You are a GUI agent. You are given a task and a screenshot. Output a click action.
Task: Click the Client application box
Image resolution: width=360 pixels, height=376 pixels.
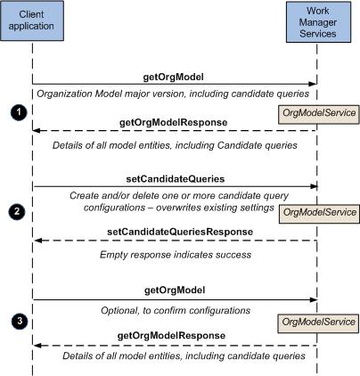(32, 20)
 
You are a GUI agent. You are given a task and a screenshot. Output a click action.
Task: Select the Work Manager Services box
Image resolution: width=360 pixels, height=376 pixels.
(318, 22)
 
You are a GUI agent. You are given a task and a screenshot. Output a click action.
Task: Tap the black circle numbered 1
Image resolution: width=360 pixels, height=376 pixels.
(19, 112)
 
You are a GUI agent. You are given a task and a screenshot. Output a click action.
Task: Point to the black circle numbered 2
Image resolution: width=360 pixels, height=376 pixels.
(17, 211)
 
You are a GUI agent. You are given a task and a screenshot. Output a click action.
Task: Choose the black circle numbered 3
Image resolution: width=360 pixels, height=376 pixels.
(20, 321)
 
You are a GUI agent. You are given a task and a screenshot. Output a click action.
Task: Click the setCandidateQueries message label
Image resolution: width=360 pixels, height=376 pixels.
(176, 179)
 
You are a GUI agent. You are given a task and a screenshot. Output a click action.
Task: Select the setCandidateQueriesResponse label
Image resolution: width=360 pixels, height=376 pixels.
(180, 232)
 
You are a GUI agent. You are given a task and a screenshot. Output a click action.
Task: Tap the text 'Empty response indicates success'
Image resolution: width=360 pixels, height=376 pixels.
(176, 255)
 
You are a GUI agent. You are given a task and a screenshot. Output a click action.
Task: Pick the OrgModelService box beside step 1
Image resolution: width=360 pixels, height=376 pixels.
(319, 114)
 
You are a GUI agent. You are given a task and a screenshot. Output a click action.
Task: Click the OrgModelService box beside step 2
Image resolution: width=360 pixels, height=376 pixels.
(319, 214)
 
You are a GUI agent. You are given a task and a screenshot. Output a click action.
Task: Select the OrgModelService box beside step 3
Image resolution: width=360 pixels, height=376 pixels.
(318, 323)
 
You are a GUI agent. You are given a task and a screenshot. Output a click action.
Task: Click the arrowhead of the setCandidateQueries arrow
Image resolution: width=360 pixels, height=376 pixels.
(315, 186)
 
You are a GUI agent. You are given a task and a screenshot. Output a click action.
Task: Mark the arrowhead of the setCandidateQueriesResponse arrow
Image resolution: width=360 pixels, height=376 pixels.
(38, 241)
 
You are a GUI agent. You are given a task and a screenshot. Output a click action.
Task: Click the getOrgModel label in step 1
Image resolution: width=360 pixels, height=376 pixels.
(174, 78)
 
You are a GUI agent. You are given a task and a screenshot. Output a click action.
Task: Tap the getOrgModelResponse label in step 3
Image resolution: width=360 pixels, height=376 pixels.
(171, 336)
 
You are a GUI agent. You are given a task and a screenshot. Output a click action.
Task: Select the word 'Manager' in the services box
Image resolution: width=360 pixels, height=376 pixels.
(318, 22)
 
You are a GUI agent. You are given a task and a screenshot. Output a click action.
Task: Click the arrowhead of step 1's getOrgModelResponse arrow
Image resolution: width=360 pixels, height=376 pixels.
(37, 130)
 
